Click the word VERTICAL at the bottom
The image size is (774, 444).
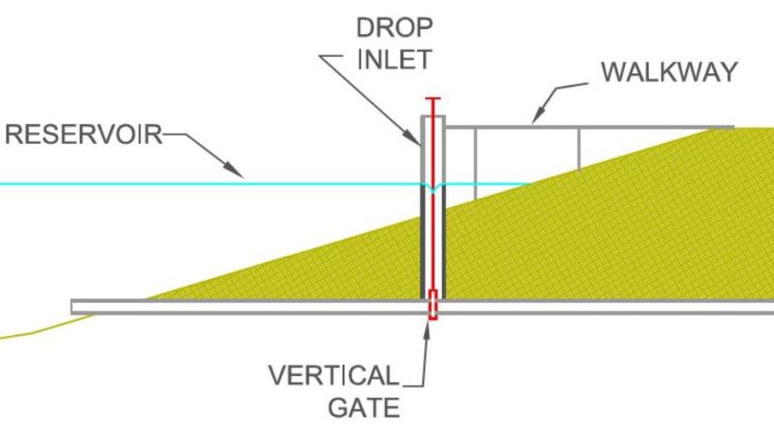(332, 374)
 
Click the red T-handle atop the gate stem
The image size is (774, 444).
(432, 100)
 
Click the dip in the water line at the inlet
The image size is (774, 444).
(432, 188)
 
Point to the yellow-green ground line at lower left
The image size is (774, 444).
(39, 330)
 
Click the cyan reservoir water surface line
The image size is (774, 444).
(145, 184)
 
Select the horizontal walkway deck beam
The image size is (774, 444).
(600, 127)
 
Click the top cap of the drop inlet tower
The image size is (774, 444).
(432, 118)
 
